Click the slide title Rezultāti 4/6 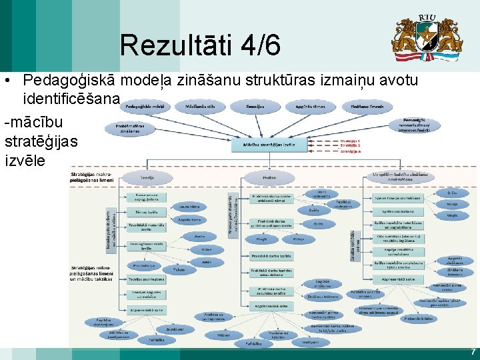(x=200, y=45)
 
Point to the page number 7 (x=473, y=351)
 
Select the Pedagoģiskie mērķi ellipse (x=145, y=107)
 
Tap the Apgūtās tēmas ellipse (x=309, y=107)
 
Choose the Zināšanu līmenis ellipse (x=367, y=107)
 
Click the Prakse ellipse (x=269, y=177)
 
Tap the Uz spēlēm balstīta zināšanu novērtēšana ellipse (x=397, y=177)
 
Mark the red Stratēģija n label (x=350, y=151)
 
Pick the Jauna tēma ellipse (x=189, y=207)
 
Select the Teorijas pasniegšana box (x=147, y=279)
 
